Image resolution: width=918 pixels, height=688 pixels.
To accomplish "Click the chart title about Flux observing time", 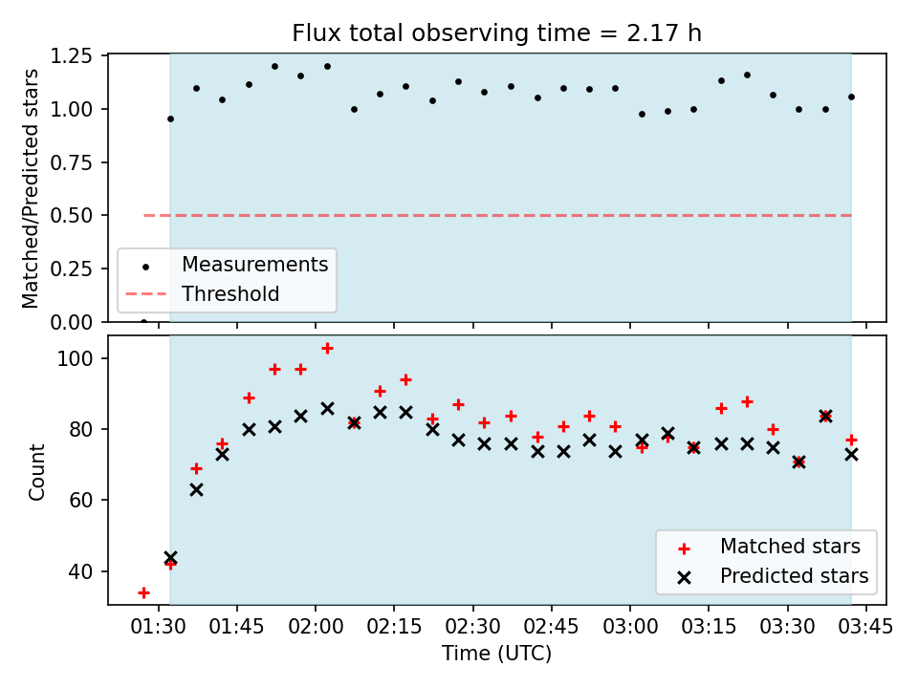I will [496, 34].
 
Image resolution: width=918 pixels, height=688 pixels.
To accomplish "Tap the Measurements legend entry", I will [254, 265].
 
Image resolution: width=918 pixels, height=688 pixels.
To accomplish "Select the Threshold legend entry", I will [230, 294].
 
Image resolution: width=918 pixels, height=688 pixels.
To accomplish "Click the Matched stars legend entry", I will [790, 548].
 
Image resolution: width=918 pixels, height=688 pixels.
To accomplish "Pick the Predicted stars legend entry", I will [794, 576].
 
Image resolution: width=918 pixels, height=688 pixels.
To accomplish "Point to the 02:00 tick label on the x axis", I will [316, 628].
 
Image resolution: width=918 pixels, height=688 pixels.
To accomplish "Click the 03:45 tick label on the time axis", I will [866, 628].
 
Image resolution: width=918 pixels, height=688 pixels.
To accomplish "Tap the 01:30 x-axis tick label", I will [158, 628].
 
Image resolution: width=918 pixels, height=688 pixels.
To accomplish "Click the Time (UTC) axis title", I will [496, 655].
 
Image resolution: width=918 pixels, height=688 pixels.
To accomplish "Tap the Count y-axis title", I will [37, 471].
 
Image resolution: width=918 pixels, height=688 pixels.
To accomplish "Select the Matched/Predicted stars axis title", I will [32, 188].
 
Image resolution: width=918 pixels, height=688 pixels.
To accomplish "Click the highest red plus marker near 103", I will [327, 349].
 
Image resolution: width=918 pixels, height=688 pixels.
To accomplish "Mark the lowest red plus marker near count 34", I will [143, 592].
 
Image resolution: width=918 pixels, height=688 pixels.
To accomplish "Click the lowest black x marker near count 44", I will [170, 557].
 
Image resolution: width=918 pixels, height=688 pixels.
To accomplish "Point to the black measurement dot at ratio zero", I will [143, 322].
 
